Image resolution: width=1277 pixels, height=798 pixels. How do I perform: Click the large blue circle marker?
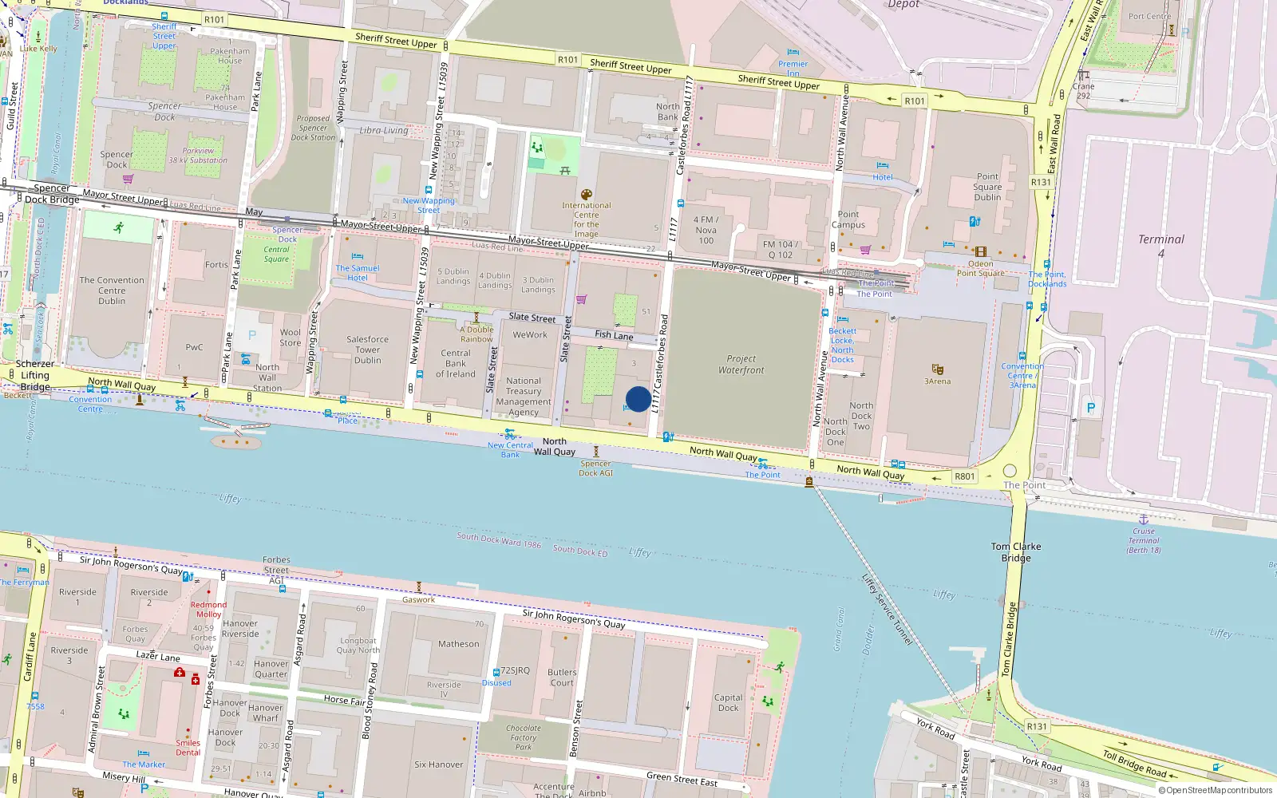point(638,399)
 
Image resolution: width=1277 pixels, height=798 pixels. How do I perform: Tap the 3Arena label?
point(937,381)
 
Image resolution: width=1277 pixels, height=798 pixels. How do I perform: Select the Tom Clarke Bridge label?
point(1015,552)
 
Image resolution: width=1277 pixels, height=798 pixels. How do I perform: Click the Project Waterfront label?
point(741,365)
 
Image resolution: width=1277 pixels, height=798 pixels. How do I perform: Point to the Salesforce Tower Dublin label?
point(367,350)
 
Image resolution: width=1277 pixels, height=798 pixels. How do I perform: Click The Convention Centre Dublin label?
point(112,290)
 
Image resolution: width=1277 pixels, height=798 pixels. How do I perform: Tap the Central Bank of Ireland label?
point(456,363)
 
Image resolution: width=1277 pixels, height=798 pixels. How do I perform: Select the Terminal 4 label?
point(1160,245)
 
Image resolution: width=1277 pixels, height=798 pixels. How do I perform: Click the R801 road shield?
point(964,476)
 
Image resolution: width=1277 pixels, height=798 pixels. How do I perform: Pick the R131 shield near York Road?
point(1036,726)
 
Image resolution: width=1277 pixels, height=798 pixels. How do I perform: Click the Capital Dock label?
point(728,702)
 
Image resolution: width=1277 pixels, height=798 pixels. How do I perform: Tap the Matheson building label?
point(458,644)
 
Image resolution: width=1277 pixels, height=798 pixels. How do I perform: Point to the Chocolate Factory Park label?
point(523,737)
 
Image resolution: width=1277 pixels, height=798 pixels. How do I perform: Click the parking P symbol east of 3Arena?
point(1090,408)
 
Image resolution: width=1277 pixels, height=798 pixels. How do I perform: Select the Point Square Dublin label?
point(987,187)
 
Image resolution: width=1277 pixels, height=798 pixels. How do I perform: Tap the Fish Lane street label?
point(613,336)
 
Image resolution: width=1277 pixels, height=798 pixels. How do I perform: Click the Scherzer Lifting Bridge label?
point(35,375)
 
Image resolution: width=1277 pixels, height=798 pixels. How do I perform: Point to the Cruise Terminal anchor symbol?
point(1143,519)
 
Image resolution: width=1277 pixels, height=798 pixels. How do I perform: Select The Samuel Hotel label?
point(357,273)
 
